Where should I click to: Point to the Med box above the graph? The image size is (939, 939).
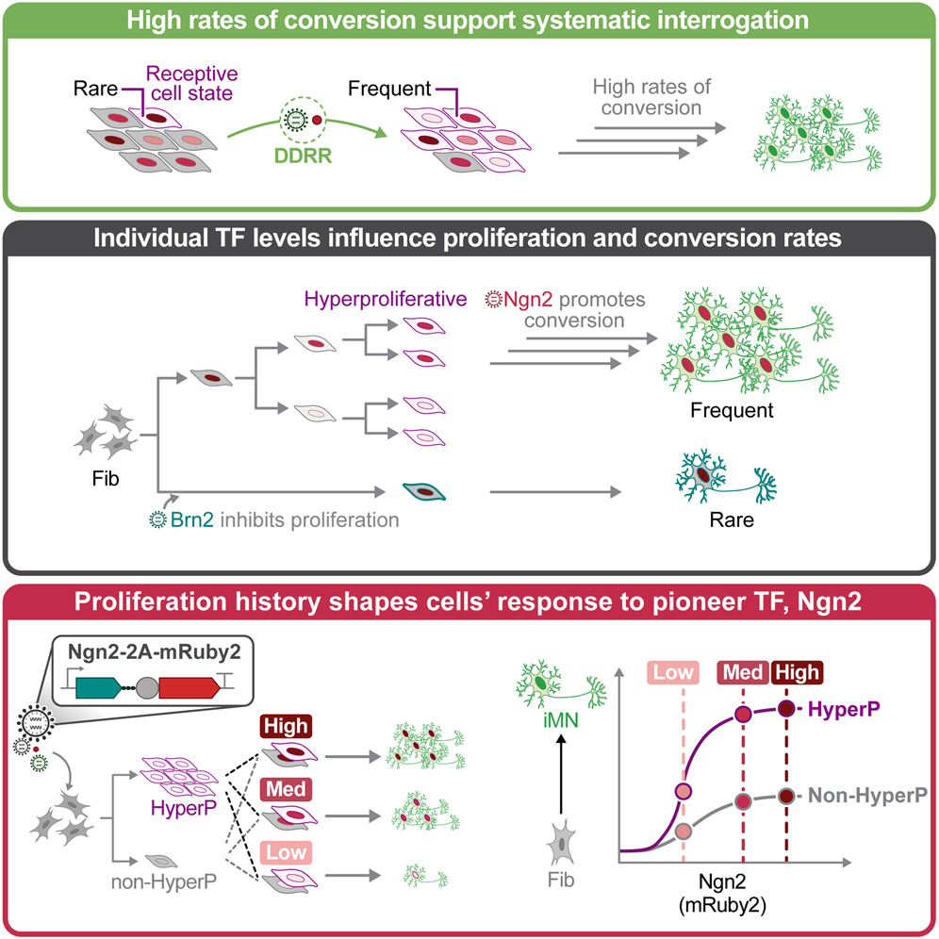(742, 673)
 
